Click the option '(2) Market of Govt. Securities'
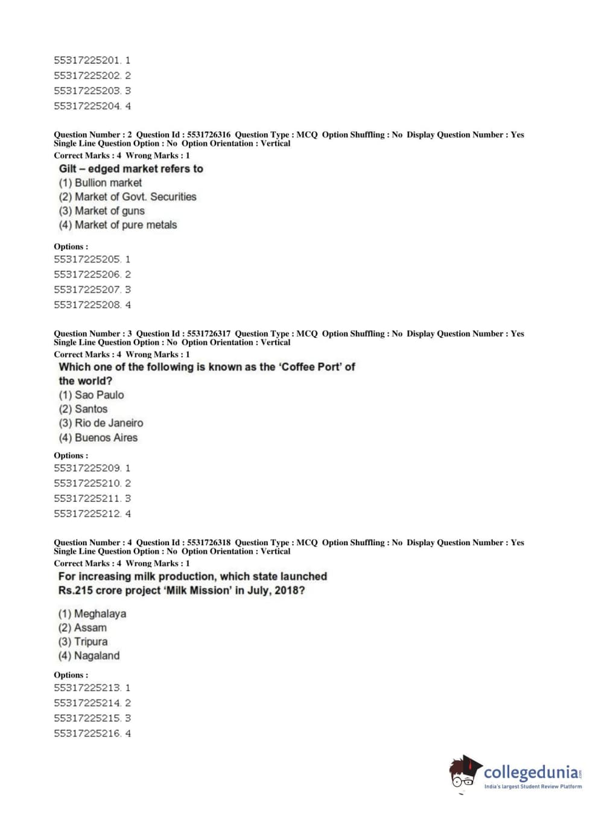pos(127,197)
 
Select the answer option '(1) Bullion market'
pos(100,183)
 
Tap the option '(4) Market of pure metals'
pos(118,225)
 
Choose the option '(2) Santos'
pos(83,409)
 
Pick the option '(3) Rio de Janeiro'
pos(101,423)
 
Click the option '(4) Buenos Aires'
pos(98,437)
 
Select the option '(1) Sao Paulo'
pos(91,395)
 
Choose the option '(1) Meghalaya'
pos(92,613)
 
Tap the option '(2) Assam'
pos(82,627)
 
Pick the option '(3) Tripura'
pos(83,641)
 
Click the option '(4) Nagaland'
pos(89,656)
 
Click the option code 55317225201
pos(87,60)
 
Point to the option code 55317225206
pos(87,274)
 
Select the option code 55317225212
pos(87,514)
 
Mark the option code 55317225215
pos(87,718)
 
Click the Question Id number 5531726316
pos(209,135)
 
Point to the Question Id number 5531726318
pos(209,542)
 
